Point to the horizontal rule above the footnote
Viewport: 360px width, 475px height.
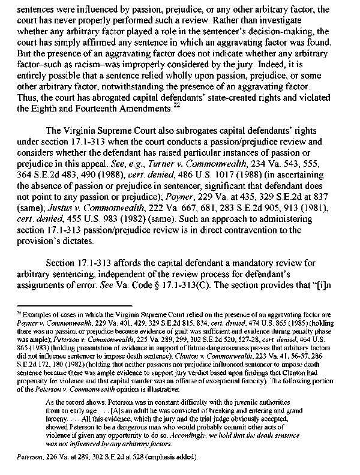(61, 306)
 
